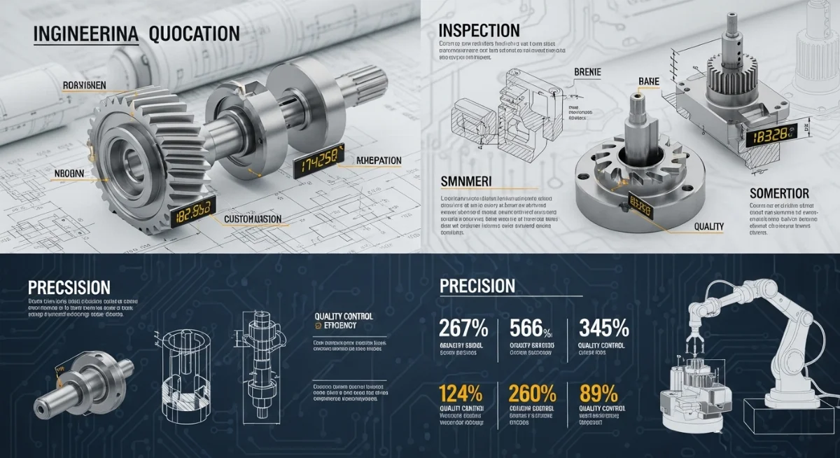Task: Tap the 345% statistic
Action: [603, 329]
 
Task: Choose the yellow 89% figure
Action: [598, 393]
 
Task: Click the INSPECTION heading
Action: [479, 31]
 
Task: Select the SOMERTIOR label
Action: [779, 193]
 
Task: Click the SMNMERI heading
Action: [466, 181]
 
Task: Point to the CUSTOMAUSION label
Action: [253, 219]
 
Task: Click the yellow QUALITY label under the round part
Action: [708, 226]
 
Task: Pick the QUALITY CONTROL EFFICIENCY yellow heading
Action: [344, 321]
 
